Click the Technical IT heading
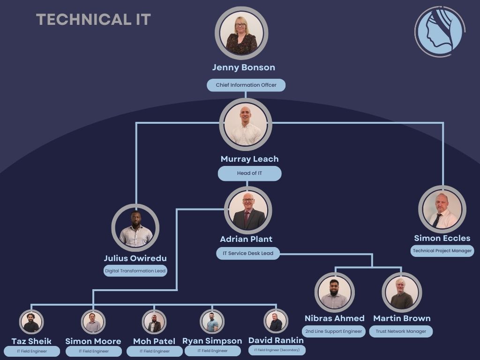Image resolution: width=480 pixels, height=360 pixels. pos(93,19)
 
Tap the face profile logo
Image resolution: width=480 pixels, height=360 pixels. pos(439,31)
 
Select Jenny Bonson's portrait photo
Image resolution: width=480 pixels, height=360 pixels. pos(241,33)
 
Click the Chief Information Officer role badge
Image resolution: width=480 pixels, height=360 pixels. pos(246,85)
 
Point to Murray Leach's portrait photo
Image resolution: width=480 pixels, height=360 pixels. pos(245,124)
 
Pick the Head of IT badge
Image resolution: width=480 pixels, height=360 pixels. pos(249,173)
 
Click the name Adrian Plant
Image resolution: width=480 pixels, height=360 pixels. pos(246,239)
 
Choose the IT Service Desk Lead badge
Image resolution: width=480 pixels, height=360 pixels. pos(247,254)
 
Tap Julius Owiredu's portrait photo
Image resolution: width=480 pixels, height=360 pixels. pos(135,228)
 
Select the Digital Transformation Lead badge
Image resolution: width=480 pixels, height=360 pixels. pos(135,270)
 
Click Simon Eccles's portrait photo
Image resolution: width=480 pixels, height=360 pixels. pos(442,210)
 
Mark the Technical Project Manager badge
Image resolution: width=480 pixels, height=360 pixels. pos(442,251)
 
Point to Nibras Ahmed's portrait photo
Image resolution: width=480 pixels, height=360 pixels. pos(334,292)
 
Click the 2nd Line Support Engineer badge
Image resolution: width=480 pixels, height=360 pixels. pos(334,331)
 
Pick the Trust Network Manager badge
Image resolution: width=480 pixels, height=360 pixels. pos(401,331)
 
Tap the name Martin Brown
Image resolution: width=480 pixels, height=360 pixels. pos(402,318)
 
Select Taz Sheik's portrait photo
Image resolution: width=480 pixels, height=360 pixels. pos(31,322)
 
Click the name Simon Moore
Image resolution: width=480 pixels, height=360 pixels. pos(93,341)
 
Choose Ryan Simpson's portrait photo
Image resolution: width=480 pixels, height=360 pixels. pos(212,322)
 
